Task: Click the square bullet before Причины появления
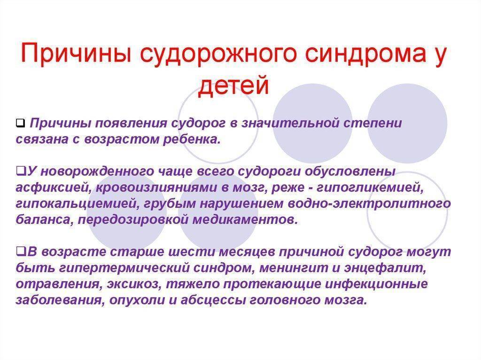pyautogui.click(x=20, y=123)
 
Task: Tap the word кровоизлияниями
pyautogui.click(x=157, y=188)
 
